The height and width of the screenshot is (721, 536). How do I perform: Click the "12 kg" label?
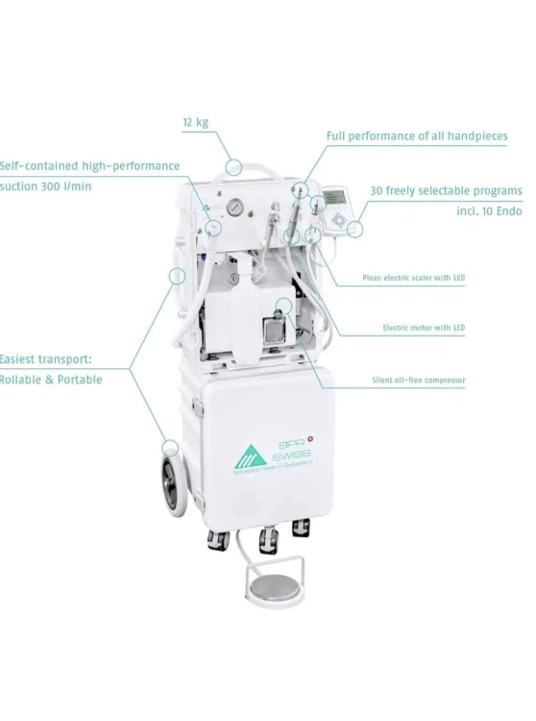195,122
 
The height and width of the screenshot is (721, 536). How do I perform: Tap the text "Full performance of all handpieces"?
417,137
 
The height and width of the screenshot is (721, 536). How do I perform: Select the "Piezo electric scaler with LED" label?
413,279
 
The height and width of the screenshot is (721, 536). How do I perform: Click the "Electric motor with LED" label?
424,328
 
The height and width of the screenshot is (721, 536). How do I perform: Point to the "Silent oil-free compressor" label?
418,381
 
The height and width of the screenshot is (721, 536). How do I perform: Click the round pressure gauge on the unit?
234,208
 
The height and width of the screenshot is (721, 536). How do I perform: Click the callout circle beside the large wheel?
170,447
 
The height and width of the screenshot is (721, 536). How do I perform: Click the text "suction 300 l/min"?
46,186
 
